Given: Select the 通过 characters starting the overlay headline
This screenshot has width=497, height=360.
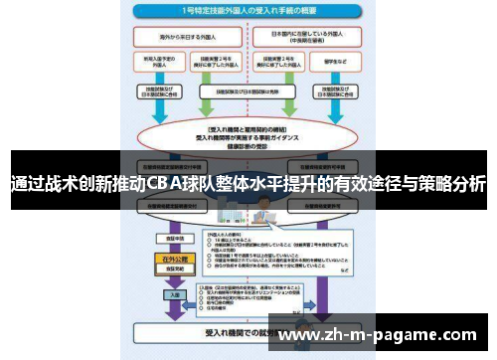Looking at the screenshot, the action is tap(22, 184).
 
